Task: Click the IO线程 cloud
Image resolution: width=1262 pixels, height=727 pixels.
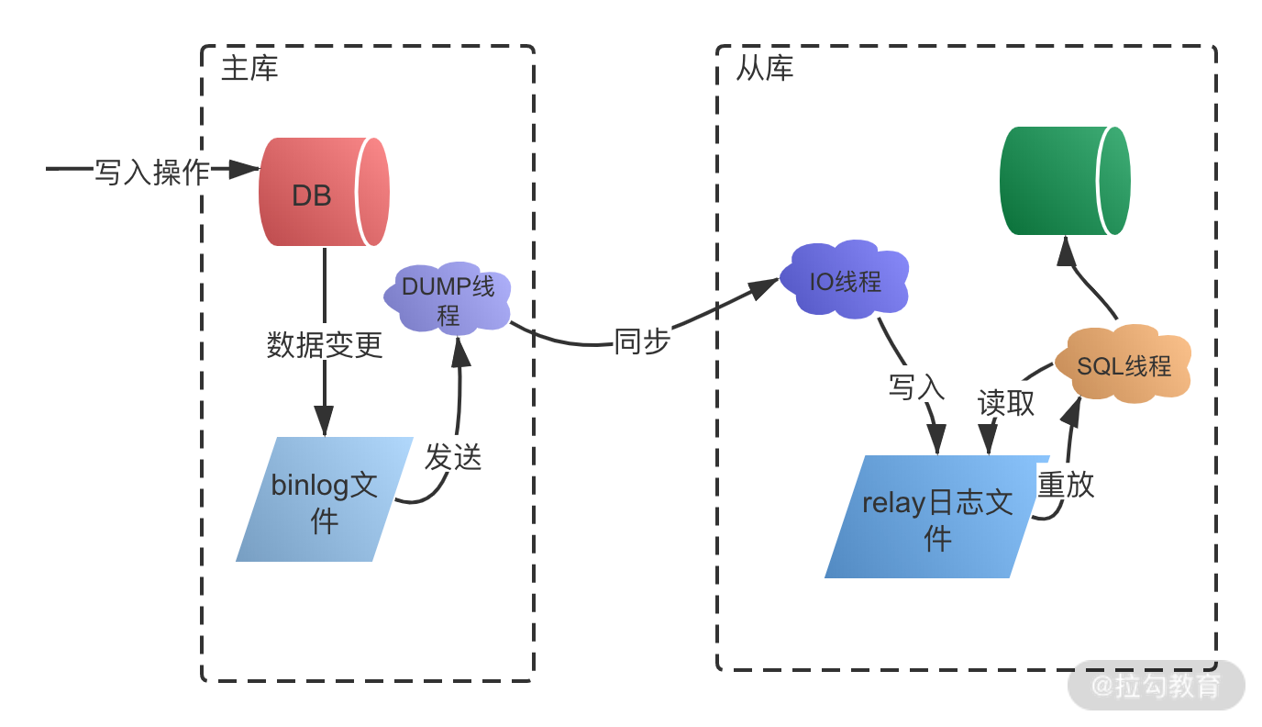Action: click(x=845, y=281)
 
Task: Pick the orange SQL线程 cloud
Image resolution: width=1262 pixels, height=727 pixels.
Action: click(x=1123, y=365)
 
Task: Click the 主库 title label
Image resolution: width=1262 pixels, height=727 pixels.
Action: click(x=249, y=69)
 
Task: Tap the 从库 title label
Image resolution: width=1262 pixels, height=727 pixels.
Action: click(x=764, y=69)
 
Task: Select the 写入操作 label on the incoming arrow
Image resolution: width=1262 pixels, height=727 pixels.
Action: click(x=152, y=171)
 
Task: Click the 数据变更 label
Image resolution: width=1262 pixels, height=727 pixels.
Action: click(x=325, y=345)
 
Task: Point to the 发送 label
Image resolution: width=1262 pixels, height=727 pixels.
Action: click(x=453, y=456)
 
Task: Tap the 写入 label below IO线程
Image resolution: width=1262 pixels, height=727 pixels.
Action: click(x=916, y=386)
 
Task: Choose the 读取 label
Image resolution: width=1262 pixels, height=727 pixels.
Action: click(x=1006, y=402)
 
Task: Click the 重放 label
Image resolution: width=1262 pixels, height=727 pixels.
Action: click(x=1066, y=484)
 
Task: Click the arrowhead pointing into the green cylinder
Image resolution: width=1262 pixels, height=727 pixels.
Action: click(x=1067, y=250)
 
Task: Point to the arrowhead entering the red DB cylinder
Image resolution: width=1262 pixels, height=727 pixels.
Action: click(x=245, y=169)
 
